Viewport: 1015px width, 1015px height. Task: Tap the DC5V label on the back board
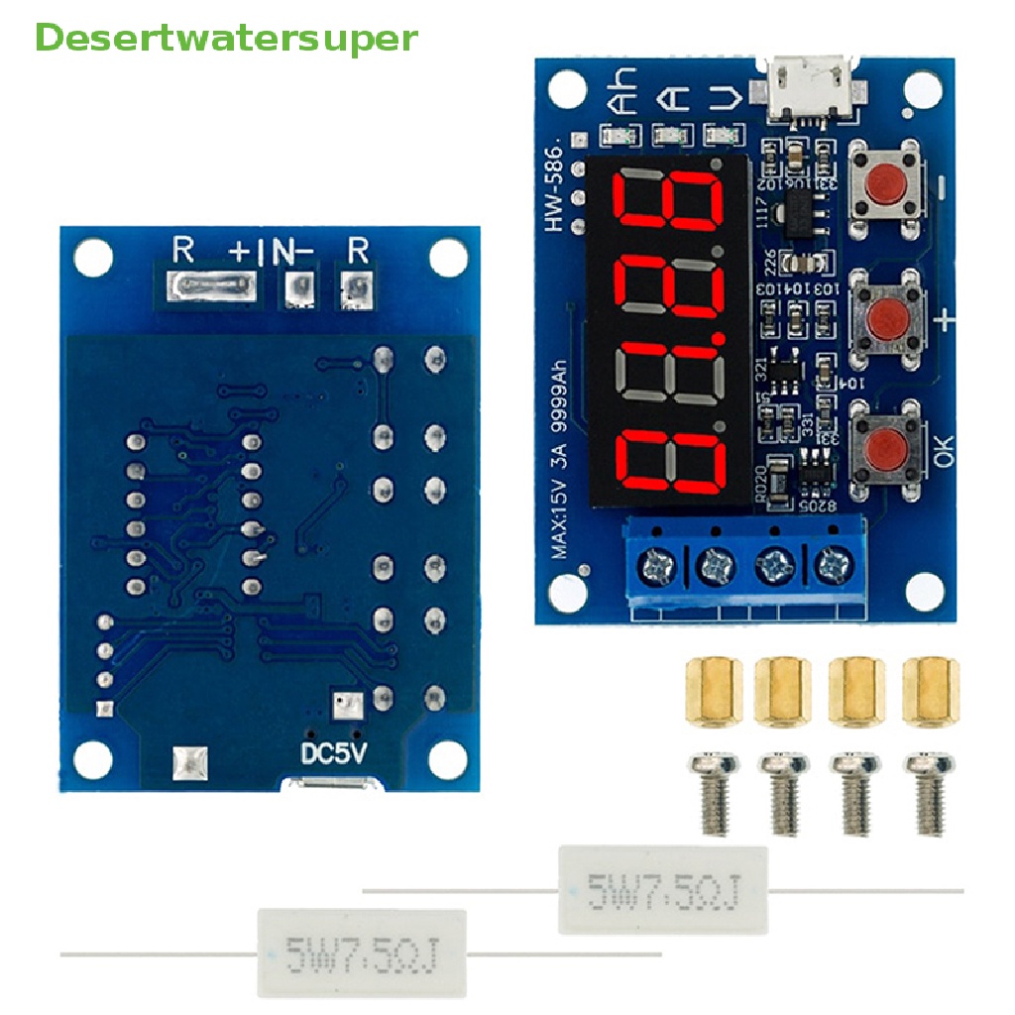(334, 753)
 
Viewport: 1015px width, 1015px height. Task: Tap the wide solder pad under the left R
(211, 287)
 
